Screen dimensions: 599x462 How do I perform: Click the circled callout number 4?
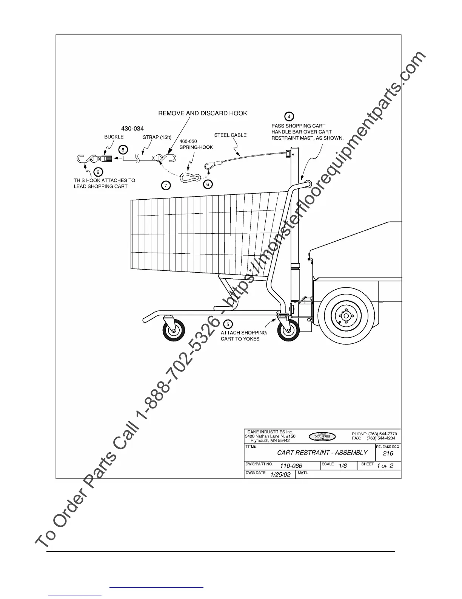pos(289,116)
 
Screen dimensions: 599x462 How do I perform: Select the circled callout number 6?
pos(208,184)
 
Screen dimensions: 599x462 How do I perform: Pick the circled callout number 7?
pos(166,185)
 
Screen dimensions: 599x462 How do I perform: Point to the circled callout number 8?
pos(123,149)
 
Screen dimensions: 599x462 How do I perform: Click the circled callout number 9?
pos(97,172)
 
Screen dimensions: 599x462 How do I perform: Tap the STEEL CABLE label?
pos(230,135)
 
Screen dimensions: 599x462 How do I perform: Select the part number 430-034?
pos(132,129)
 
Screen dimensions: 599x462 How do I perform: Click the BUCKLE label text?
pos(114,137)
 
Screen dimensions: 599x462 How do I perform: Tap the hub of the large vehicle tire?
pos(346,315)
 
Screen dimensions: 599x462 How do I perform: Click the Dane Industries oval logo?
pos(322,436)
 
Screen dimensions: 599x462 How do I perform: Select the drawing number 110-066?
pos(291,466)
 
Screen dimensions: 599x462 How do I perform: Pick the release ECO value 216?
pos(388,453)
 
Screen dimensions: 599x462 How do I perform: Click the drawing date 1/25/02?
pos(280,475)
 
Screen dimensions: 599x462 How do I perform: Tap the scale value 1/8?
pos(343,466)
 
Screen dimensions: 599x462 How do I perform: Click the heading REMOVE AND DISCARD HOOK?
pos(203,113)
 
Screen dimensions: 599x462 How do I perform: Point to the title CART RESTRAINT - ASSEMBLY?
pos(322,453)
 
